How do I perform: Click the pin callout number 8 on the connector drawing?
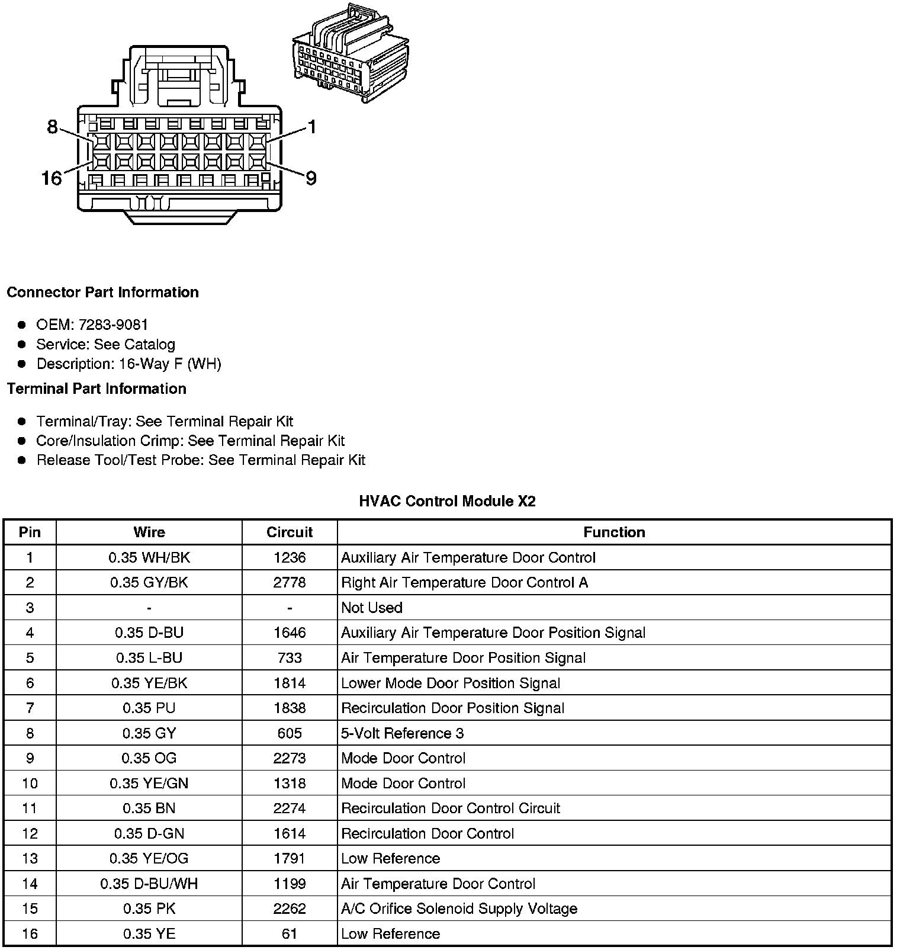point(52,127)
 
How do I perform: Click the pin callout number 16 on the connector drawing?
point(52,178)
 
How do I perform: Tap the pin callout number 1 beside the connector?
point(311,127)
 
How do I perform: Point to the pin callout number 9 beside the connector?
point(311,178)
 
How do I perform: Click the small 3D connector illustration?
point(350,54)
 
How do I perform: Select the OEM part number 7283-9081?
point(113,325)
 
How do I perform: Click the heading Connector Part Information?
point(102,293)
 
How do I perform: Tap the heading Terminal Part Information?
point(97,389)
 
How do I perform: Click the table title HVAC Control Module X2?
point(447,502)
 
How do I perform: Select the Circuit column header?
point(290,532)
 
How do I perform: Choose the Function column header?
point(614,532)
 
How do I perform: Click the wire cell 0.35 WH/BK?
point(149,558)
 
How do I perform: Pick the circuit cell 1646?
point(290,633)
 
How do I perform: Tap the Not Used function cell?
point(372,608)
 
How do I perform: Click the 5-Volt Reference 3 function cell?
point(402,734)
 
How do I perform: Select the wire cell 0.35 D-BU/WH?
point(149,884)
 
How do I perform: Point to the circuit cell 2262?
point(290,909)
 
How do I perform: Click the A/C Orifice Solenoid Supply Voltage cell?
point(459,909)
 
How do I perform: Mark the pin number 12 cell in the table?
point(30,834)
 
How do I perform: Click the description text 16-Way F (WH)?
point(170,364)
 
